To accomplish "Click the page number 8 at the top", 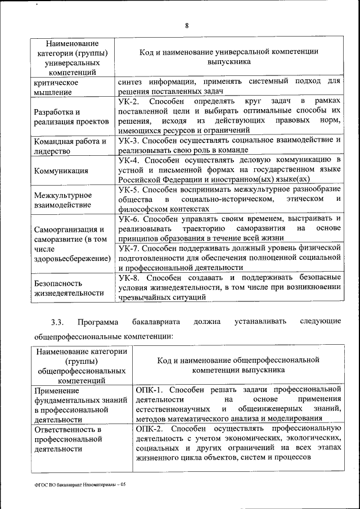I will coord(187,24).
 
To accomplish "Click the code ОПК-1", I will coord(149,389).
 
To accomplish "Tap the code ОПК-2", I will coord(149,428).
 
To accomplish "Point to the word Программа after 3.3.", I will coord(98,322).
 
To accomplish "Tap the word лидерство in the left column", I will coord(51,151).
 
